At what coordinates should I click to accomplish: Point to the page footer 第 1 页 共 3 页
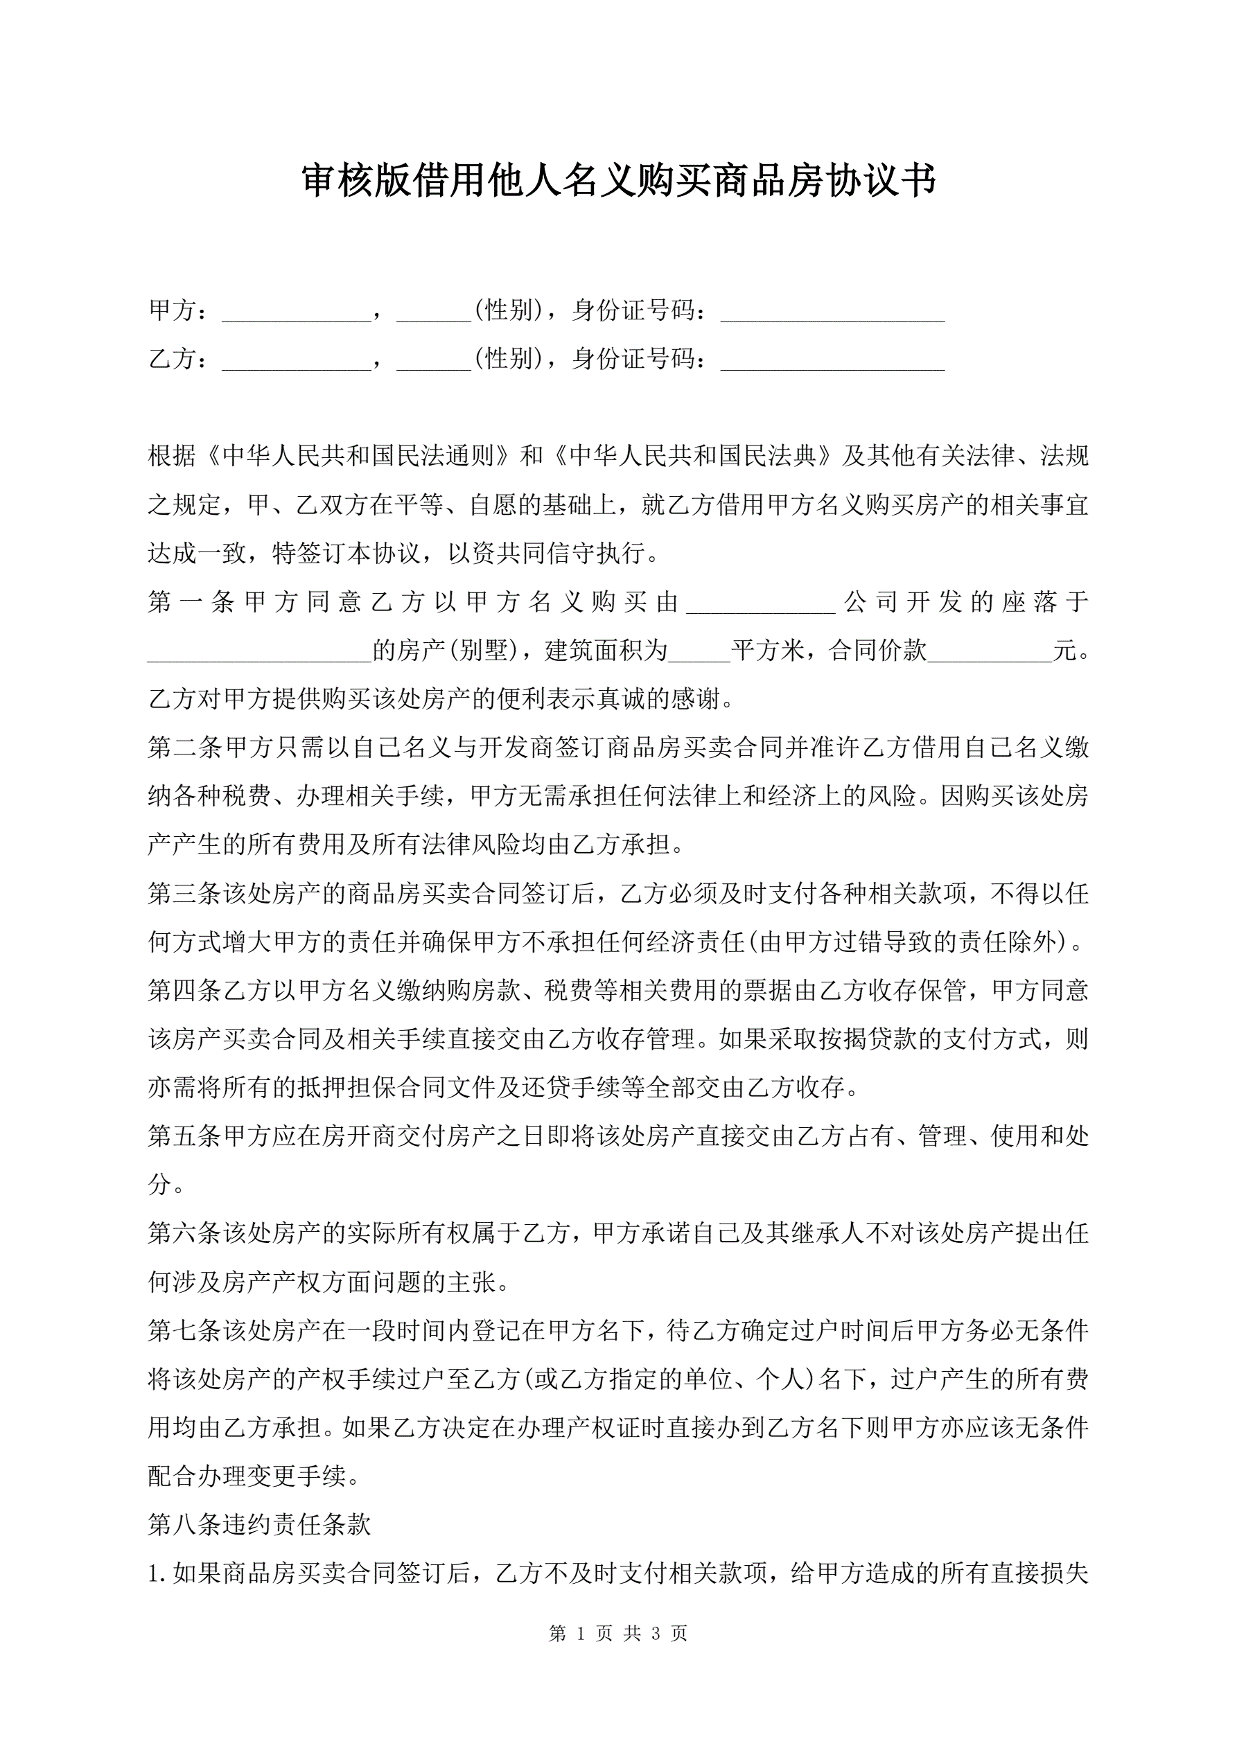617,1633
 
